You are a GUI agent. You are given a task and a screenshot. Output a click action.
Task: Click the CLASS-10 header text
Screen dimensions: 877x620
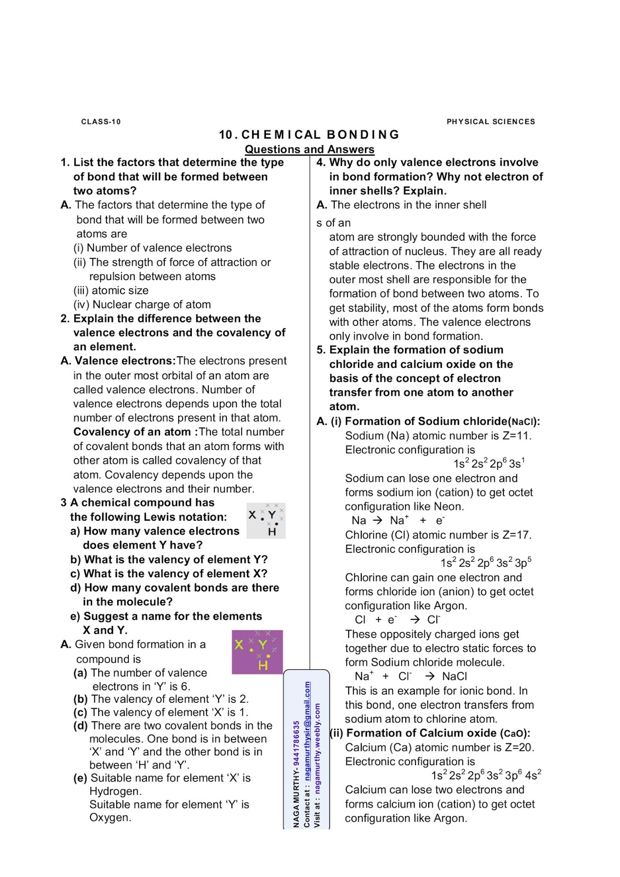(x=101, y=122)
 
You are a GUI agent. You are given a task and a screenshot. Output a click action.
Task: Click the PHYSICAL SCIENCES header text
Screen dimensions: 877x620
(x=491, y=122)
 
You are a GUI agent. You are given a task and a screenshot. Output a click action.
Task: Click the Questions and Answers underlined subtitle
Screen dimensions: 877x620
(x=309, y=149)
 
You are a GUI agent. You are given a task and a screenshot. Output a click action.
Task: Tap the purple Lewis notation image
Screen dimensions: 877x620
(x=257, y=652)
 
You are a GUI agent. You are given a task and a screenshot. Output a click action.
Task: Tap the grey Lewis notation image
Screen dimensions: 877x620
(x=266, y=520)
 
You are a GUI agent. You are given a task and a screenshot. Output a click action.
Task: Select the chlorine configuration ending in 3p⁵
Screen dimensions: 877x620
(x=486, y=563)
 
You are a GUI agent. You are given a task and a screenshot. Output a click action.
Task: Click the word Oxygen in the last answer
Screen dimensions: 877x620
(x=110, y=817)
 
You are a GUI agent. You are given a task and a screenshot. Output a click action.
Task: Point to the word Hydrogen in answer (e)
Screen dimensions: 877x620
(x=116, y=791)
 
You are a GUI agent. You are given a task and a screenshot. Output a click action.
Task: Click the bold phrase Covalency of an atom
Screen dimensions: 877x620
(x=132, y=432)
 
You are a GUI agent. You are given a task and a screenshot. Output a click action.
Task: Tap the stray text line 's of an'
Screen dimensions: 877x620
(x=333, y=223)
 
